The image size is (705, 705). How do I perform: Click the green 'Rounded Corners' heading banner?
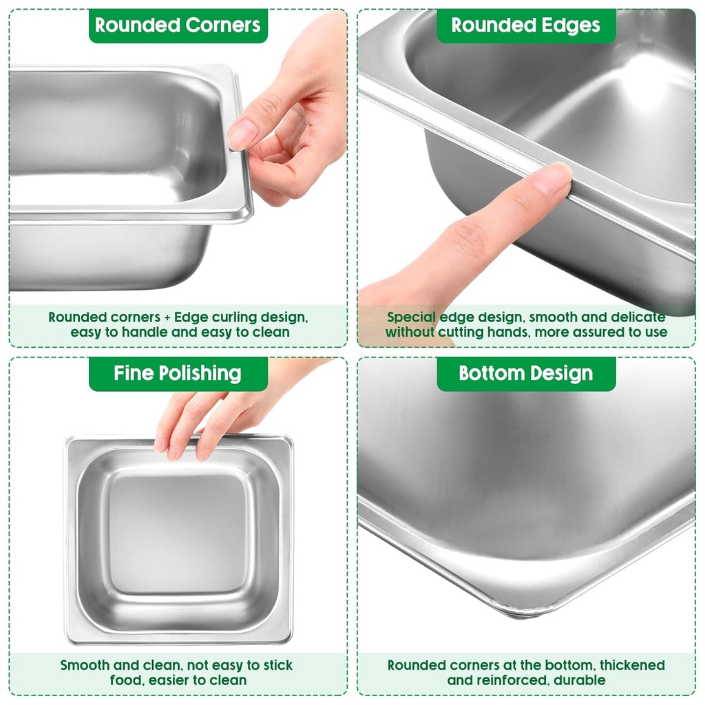coord(178,25)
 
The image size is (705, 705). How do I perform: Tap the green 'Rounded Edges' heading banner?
coord(526,25)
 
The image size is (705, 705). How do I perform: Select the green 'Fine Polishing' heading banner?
coord(178,374)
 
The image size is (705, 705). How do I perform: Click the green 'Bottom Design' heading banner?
coord(526,374)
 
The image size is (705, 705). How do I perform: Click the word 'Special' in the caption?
coord(412,318)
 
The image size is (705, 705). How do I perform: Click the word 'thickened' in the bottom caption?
coord(632,666)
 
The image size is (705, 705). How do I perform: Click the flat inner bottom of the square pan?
coord(178,534)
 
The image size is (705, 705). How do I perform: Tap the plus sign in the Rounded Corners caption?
coord(165,318)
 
